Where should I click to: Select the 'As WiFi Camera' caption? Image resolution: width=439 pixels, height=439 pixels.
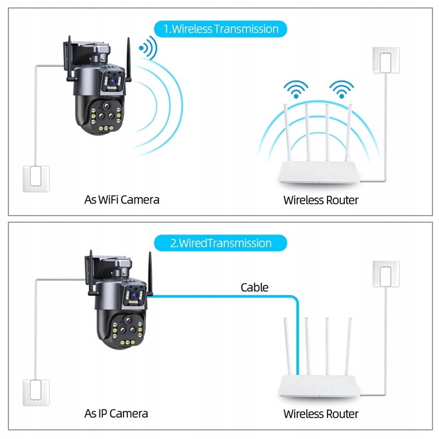coord(122,200)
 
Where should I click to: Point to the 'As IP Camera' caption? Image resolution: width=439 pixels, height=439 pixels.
coord(116,413)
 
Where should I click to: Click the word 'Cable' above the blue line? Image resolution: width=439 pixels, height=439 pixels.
coord(255,287)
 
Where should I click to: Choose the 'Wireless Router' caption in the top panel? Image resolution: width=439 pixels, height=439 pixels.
coord(320,200)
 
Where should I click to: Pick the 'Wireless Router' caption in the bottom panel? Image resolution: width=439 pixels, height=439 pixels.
coord(320,414)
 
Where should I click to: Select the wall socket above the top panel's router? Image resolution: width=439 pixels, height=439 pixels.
coord(385,60)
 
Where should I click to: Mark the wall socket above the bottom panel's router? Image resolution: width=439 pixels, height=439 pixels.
coord(385,274)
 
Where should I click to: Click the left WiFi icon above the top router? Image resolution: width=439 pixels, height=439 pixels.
coord(296,89)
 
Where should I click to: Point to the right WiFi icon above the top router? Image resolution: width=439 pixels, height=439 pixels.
coord(341,89)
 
